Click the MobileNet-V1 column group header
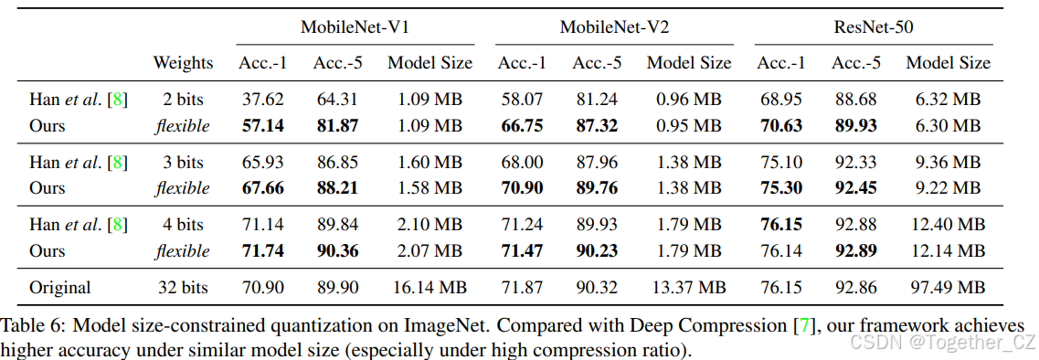coord(355,27)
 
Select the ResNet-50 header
coord(873,27)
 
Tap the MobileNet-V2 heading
coord(614,27)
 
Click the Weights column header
coord(183,63)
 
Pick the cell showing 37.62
coord(262,99)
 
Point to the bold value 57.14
coord(262,125)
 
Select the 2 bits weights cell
coord(183,99)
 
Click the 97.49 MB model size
coord(948,288)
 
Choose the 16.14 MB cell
coord(429,288)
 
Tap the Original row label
coord(59,288)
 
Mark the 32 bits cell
coord(183,288)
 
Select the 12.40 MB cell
coord(948,225)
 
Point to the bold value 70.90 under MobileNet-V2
coord(522,188)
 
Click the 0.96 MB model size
coord(689,99)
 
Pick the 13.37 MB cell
coord(689,288)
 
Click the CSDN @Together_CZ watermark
coord(941,343)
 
